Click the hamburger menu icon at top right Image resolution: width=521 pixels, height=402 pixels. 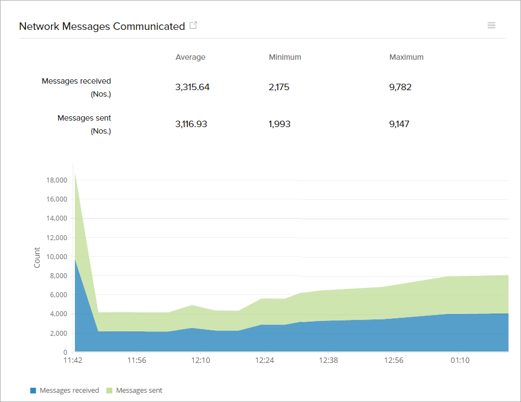[x=491, y=26]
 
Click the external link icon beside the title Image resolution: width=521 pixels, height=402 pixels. [x=193, y=26]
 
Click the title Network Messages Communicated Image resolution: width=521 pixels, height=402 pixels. [x=102, y=26]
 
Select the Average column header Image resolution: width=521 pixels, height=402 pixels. [x=190, y=57]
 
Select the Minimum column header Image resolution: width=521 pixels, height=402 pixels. [x=285, y=57]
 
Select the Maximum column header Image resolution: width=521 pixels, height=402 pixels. [x=406, y=57]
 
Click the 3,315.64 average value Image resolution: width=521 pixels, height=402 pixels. [x=192, y=87]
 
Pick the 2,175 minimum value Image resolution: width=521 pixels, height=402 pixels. [x=279, y=87]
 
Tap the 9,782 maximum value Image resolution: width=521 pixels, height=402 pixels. [x=401, y=87]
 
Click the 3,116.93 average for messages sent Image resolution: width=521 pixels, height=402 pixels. [x=191, y=124]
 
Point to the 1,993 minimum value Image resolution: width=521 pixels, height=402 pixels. [x=279, y=124]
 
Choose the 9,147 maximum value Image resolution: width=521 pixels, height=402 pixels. [x=399, y=124]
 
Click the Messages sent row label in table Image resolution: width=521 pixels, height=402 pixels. [x=84, y=118]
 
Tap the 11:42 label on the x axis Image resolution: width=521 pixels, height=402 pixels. [x=73, y=360]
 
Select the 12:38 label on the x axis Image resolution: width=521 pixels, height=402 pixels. [x=328, y=360]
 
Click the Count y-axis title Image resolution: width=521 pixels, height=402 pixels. [x=37, y=257]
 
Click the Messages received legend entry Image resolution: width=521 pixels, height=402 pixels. [x=65, y=390]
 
